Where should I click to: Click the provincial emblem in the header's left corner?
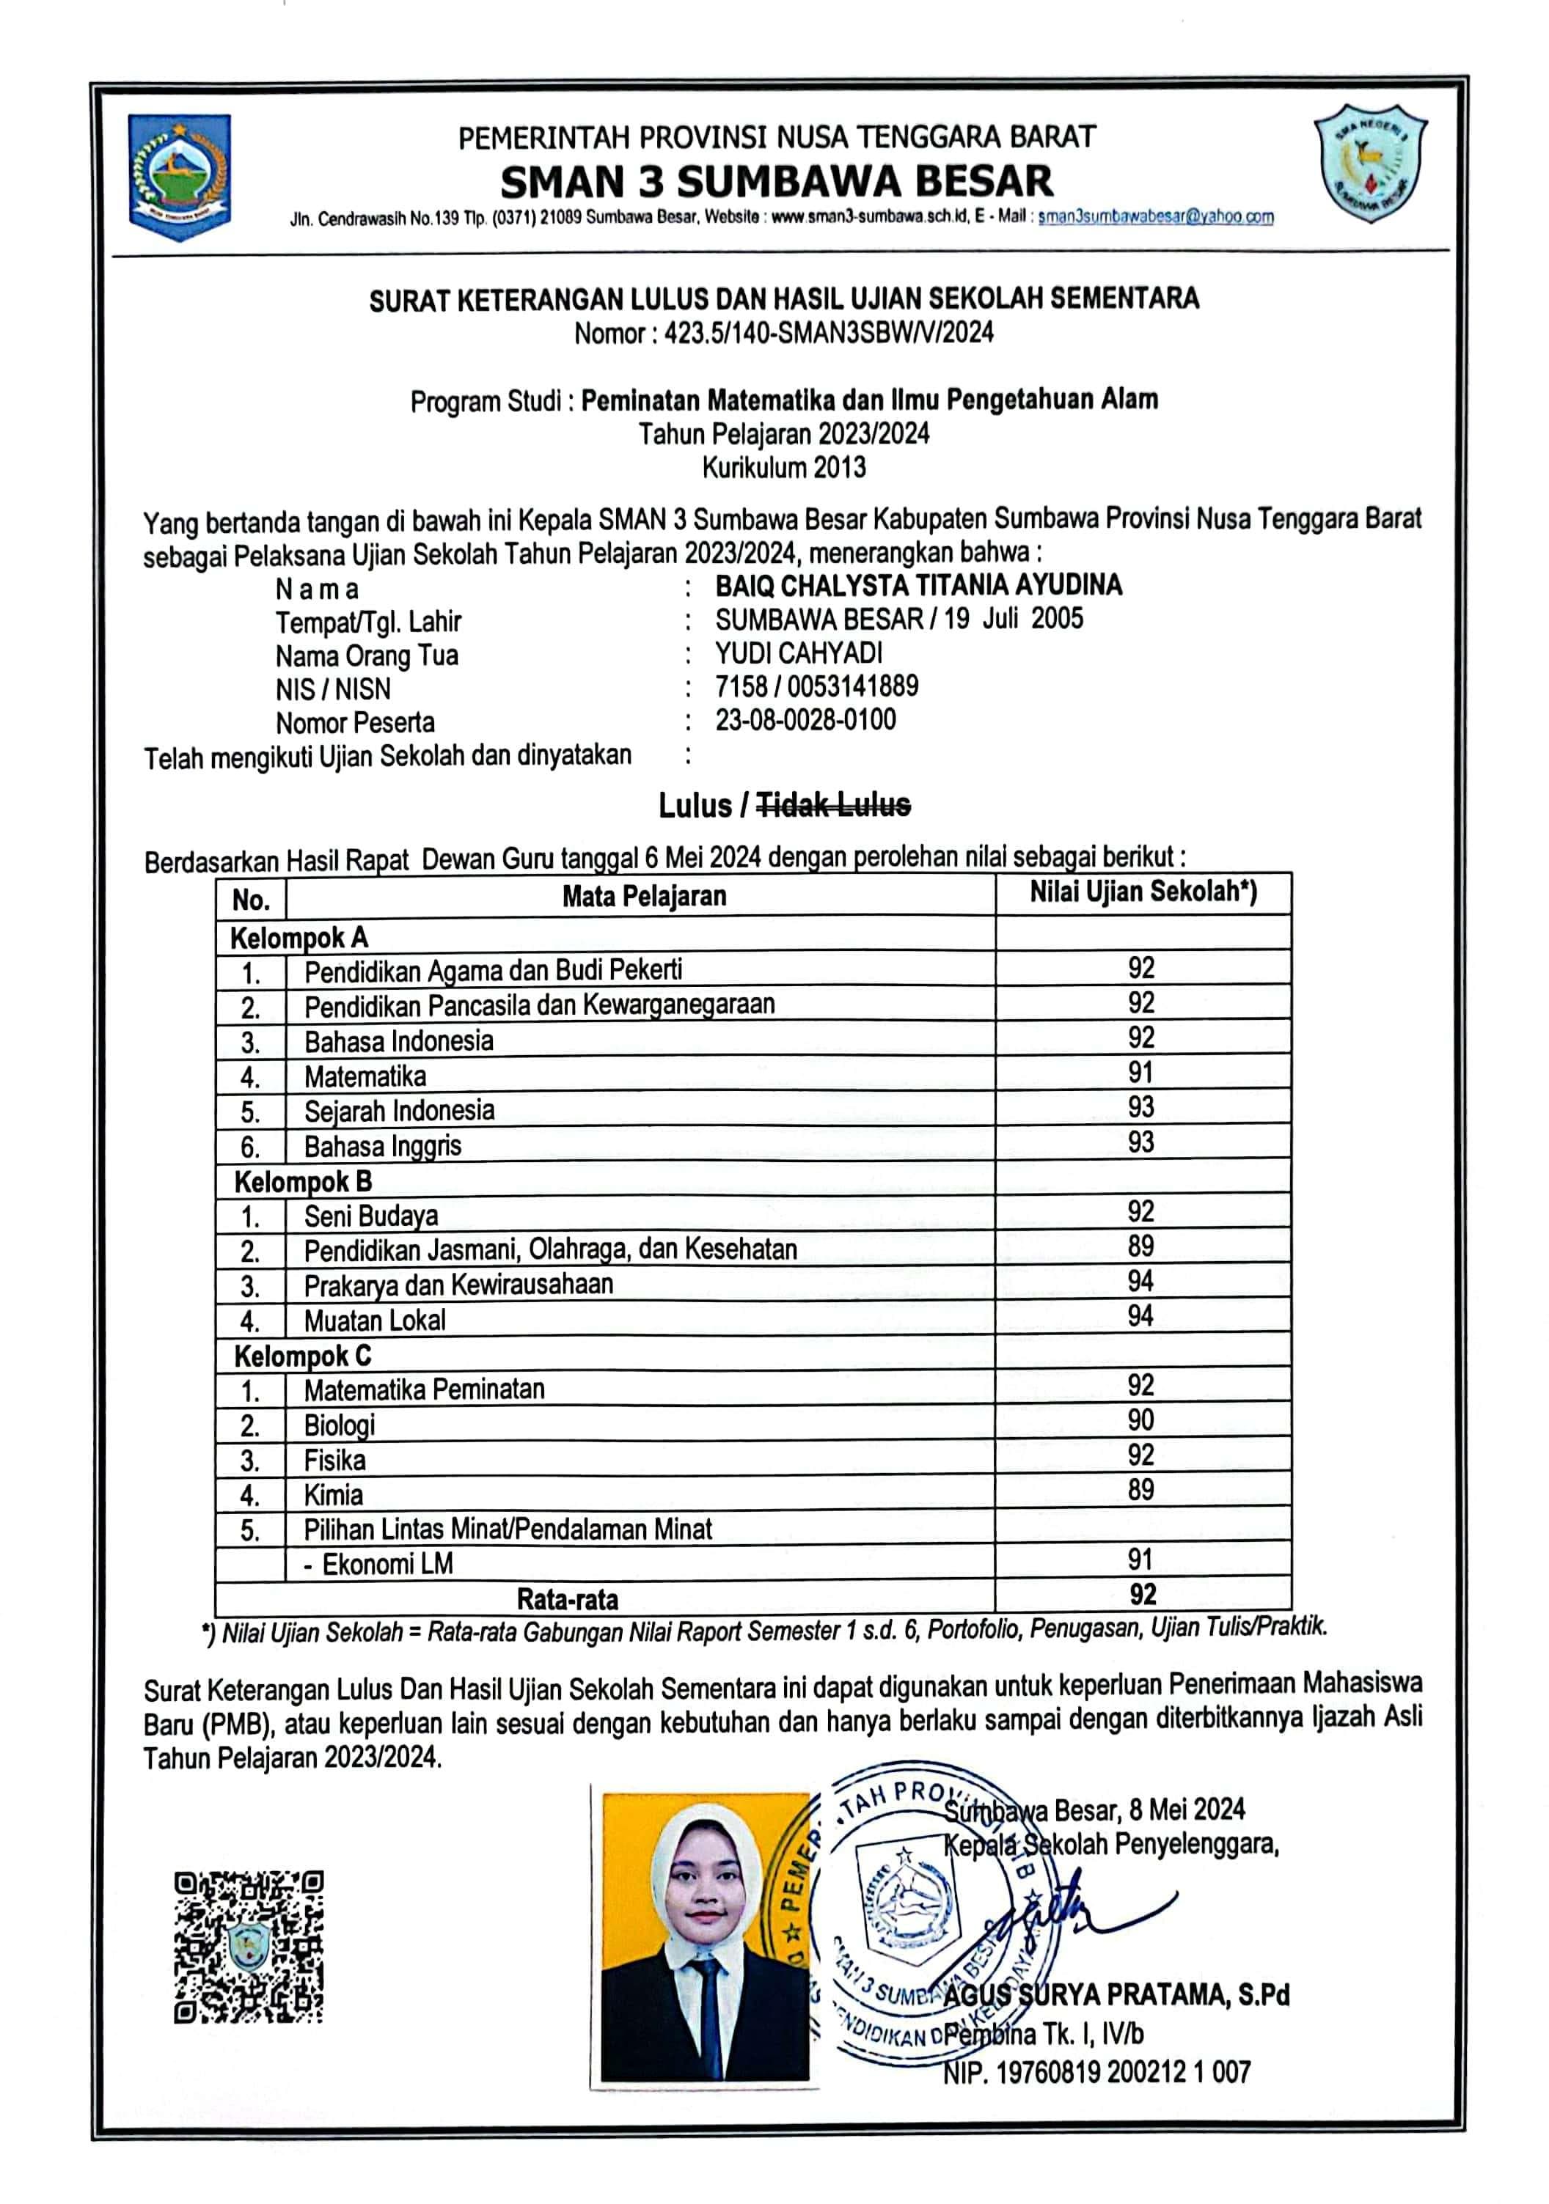pyautogui.click(x=180, y=177)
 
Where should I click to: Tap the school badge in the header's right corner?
pyautogui.click(x=1369, y=164)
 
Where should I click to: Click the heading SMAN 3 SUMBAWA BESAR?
pyautogui.click(x=776, y=181)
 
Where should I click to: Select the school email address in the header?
pyautogui.click(x=1155, y=217)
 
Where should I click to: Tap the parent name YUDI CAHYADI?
pyautogui.click(x=798, y=653)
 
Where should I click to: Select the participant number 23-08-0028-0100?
pyautogui.click(x=805, y=720)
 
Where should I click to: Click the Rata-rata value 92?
pyautogui.click(x=1142, y=1595)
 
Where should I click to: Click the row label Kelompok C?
pyautogui.click(x=302, y=1356)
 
